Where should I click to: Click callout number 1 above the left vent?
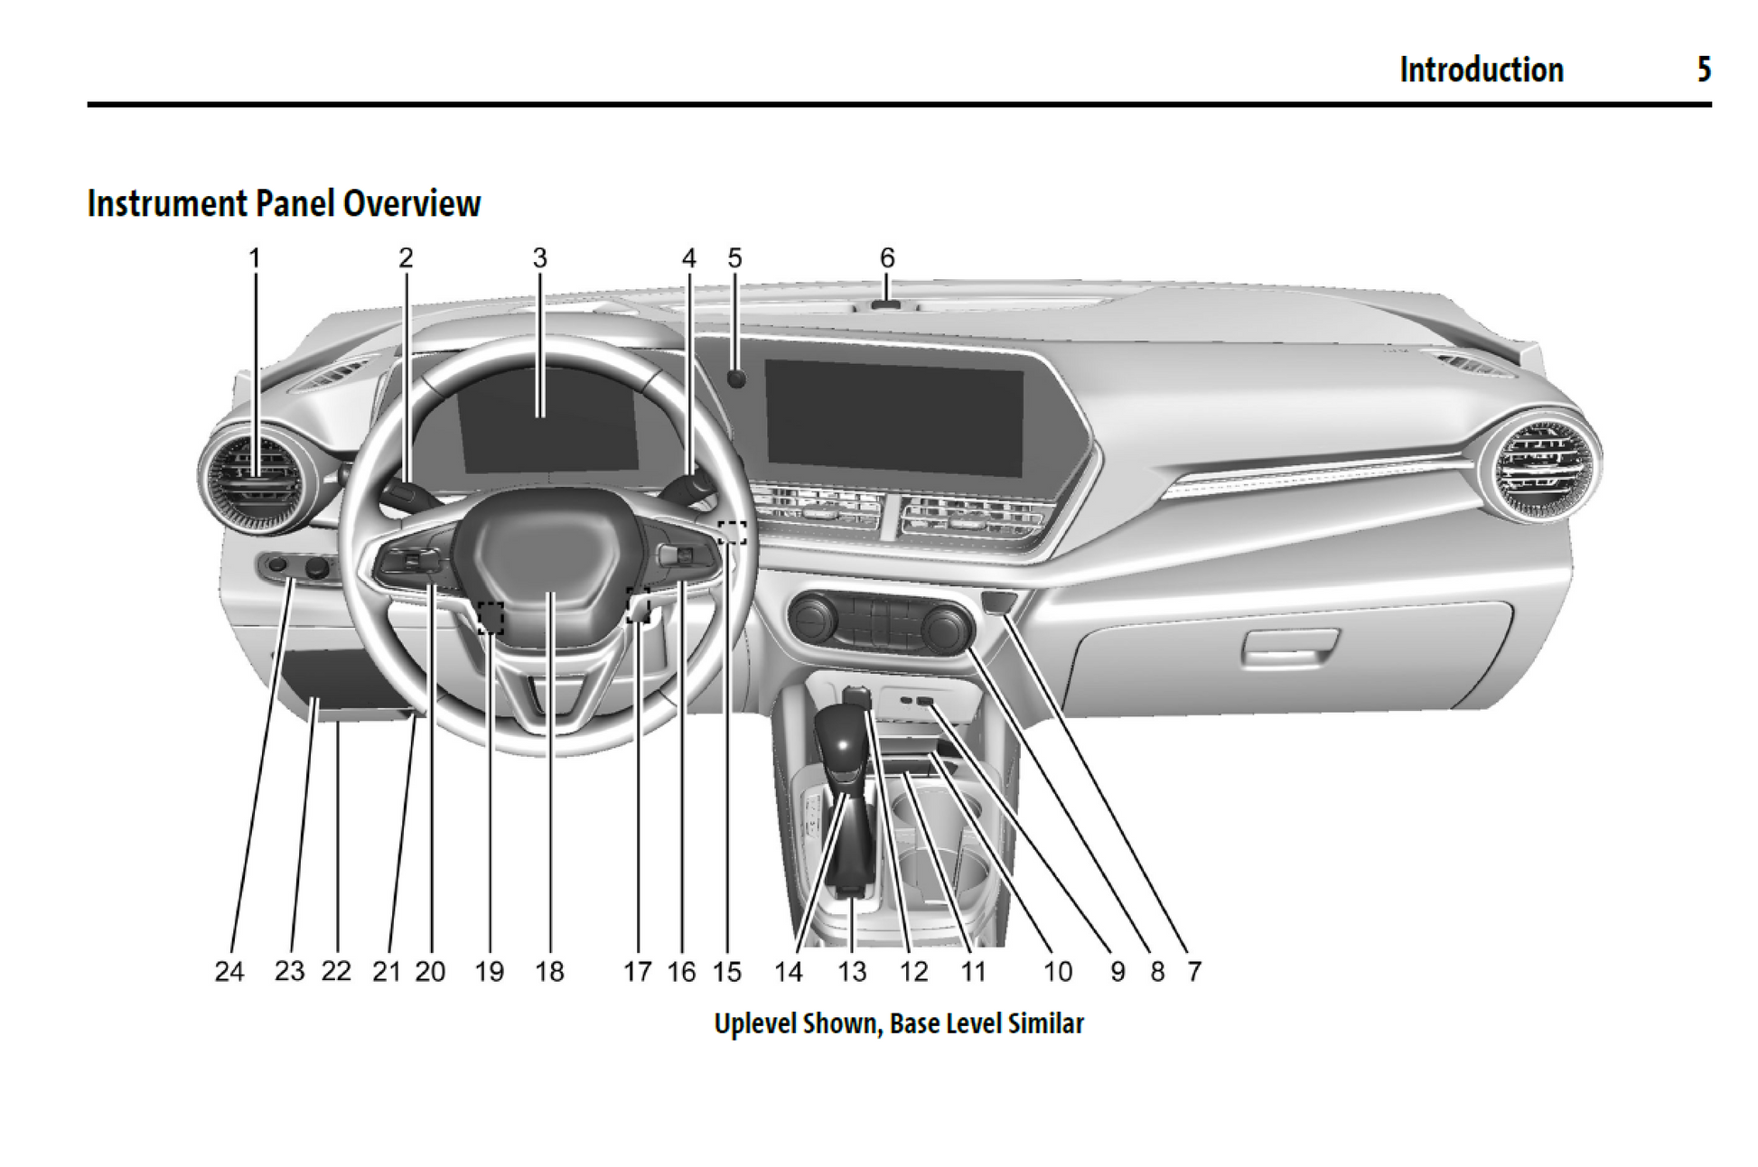[255, 258]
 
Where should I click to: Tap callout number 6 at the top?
[887, 258]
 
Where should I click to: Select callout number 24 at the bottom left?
[229, 971]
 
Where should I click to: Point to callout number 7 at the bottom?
[1194, 971]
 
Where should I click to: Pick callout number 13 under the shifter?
[852, 971]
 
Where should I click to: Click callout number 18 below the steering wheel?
[549, 971]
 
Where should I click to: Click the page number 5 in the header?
[1703, 70]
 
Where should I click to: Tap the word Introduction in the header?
[1481, 70]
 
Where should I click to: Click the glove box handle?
[1289, 645]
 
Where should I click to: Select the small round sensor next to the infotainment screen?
[736, 378]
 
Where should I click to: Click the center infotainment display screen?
[893, 416]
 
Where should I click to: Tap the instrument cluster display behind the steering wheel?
[547, 419]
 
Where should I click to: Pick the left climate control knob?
[812, 619]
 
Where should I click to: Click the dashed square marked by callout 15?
[732, 533]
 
